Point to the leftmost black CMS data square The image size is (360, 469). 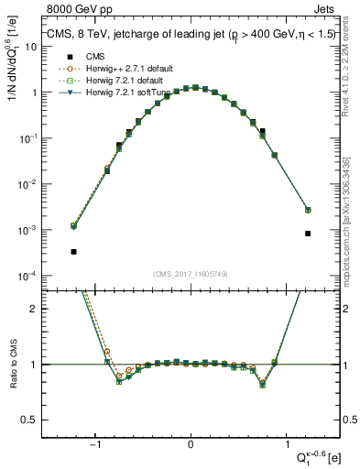point(73,251)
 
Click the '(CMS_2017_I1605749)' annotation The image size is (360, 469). point(191,274)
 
